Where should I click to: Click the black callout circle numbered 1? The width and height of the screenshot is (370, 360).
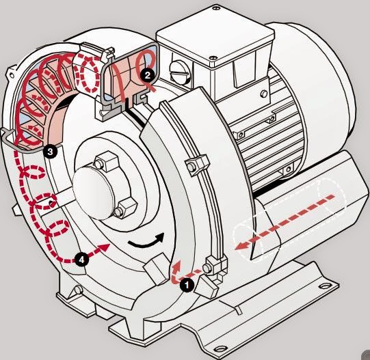187,285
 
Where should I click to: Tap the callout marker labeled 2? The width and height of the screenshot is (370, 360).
148,75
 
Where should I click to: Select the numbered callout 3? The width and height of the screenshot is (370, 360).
50,152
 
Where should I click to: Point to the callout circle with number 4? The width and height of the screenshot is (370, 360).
81,260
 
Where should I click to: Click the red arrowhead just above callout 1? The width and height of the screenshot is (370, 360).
176,266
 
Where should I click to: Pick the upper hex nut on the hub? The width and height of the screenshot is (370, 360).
106,161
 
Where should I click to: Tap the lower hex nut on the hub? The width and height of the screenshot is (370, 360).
126,208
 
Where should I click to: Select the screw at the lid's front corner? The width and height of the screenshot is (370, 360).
213,58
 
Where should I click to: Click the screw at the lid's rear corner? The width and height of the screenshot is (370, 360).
215,8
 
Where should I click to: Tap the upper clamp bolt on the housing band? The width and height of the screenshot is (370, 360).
191,167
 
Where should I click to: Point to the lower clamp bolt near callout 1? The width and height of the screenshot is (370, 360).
207,268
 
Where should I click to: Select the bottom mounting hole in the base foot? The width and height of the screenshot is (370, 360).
221,348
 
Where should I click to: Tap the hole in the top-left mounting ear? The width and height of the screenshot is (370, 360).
11,75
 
